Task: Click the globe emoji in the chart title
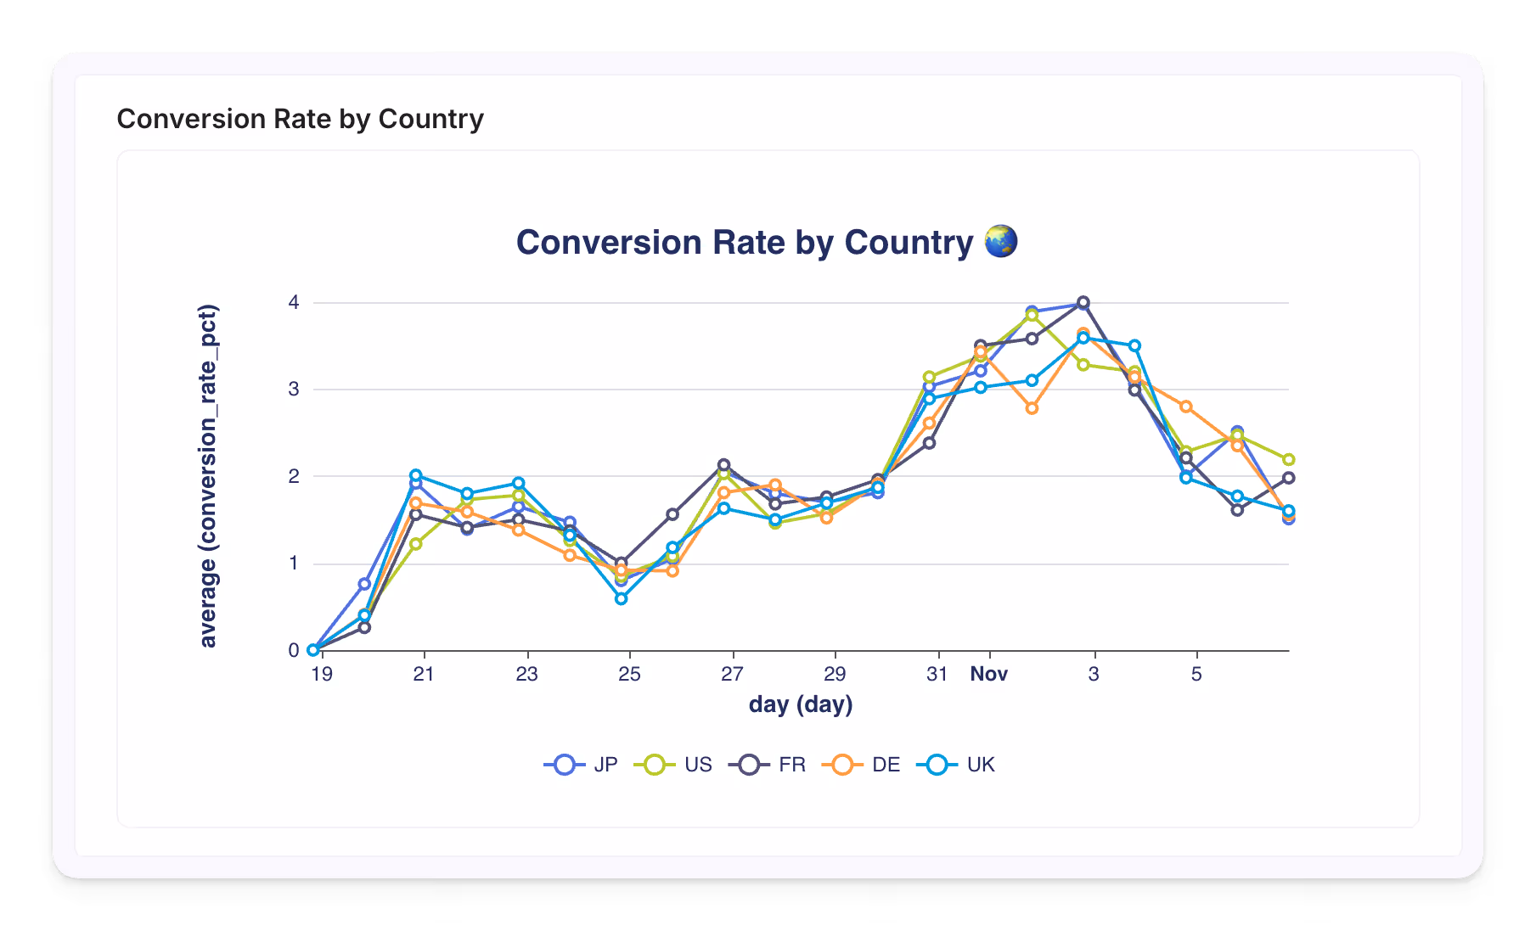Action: pyautogui.click(x=1000, y=242)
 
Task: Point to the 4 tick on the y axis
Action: pyautogui.click(x=294, y=302)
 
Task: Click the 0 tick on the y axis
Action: pyautogui.click(x=294, y=650)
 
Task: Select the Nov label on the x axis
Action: pyautogui.click(x=989, y=674)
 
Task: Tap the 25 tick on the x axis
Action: pyautogui.click(x=629, y=674)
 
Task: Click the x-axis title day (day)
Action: pyautogui.click(x=800, y=704)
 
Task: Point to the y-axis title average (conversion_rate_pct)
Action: pyautogui.click(x=208, y=476)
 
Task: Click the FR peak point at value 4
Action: pyautogui.click(x=1083, y=302)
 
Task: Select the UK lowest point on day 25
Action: pyautogui.click(x=622, y=598)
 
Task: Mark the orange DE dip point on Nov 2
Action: pyautogui.click(x=1032, y=408)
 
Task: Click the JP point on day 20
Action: pyautogui.click(x=364, y=584)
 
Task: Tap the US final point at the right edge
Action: pyautogui.click(x=1288, y=459)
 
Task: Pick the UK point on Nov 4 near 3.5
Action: pyautogui.click(x=1134, y=345)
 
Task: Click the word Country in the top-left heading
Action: pyautogui.click(x=430, y=119)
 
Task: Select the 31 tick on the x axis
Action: pyautogui.click(x=937, y=674)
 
